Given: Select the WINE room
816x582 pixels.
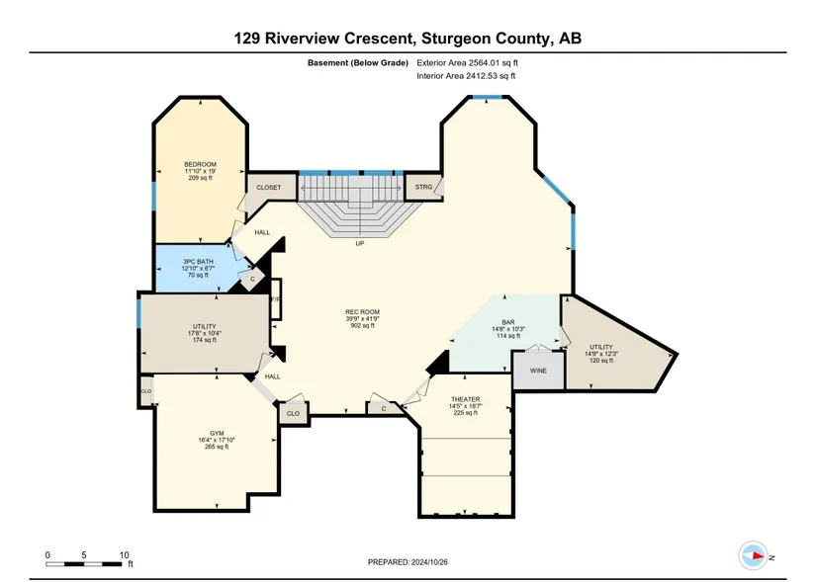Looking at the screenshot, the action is (x=538, y=371).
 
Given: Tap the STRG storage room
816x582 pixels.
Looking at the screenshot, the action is (x=423, y=187).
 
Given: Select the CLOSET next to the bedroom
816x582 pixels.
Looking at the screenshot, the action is (x=268, y=187).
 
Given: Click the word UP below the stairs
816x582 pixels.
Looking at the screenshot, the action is (x=360, y=243).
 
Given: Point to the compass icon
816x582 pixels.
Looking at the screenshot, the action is (x=753, y=555).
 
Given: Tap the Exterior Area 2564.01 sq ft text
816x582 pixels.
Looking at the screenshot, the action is (x=467, y=63).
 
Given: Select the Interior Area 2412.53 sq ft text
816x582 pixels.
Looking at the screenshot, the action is (x=466, y=76).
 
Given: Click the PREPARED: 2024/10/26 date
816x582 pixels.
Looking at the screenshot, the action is (x=408, y=562).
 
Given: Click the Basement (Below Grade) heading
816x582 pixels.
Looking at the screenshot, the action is (x=357, y=63).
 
